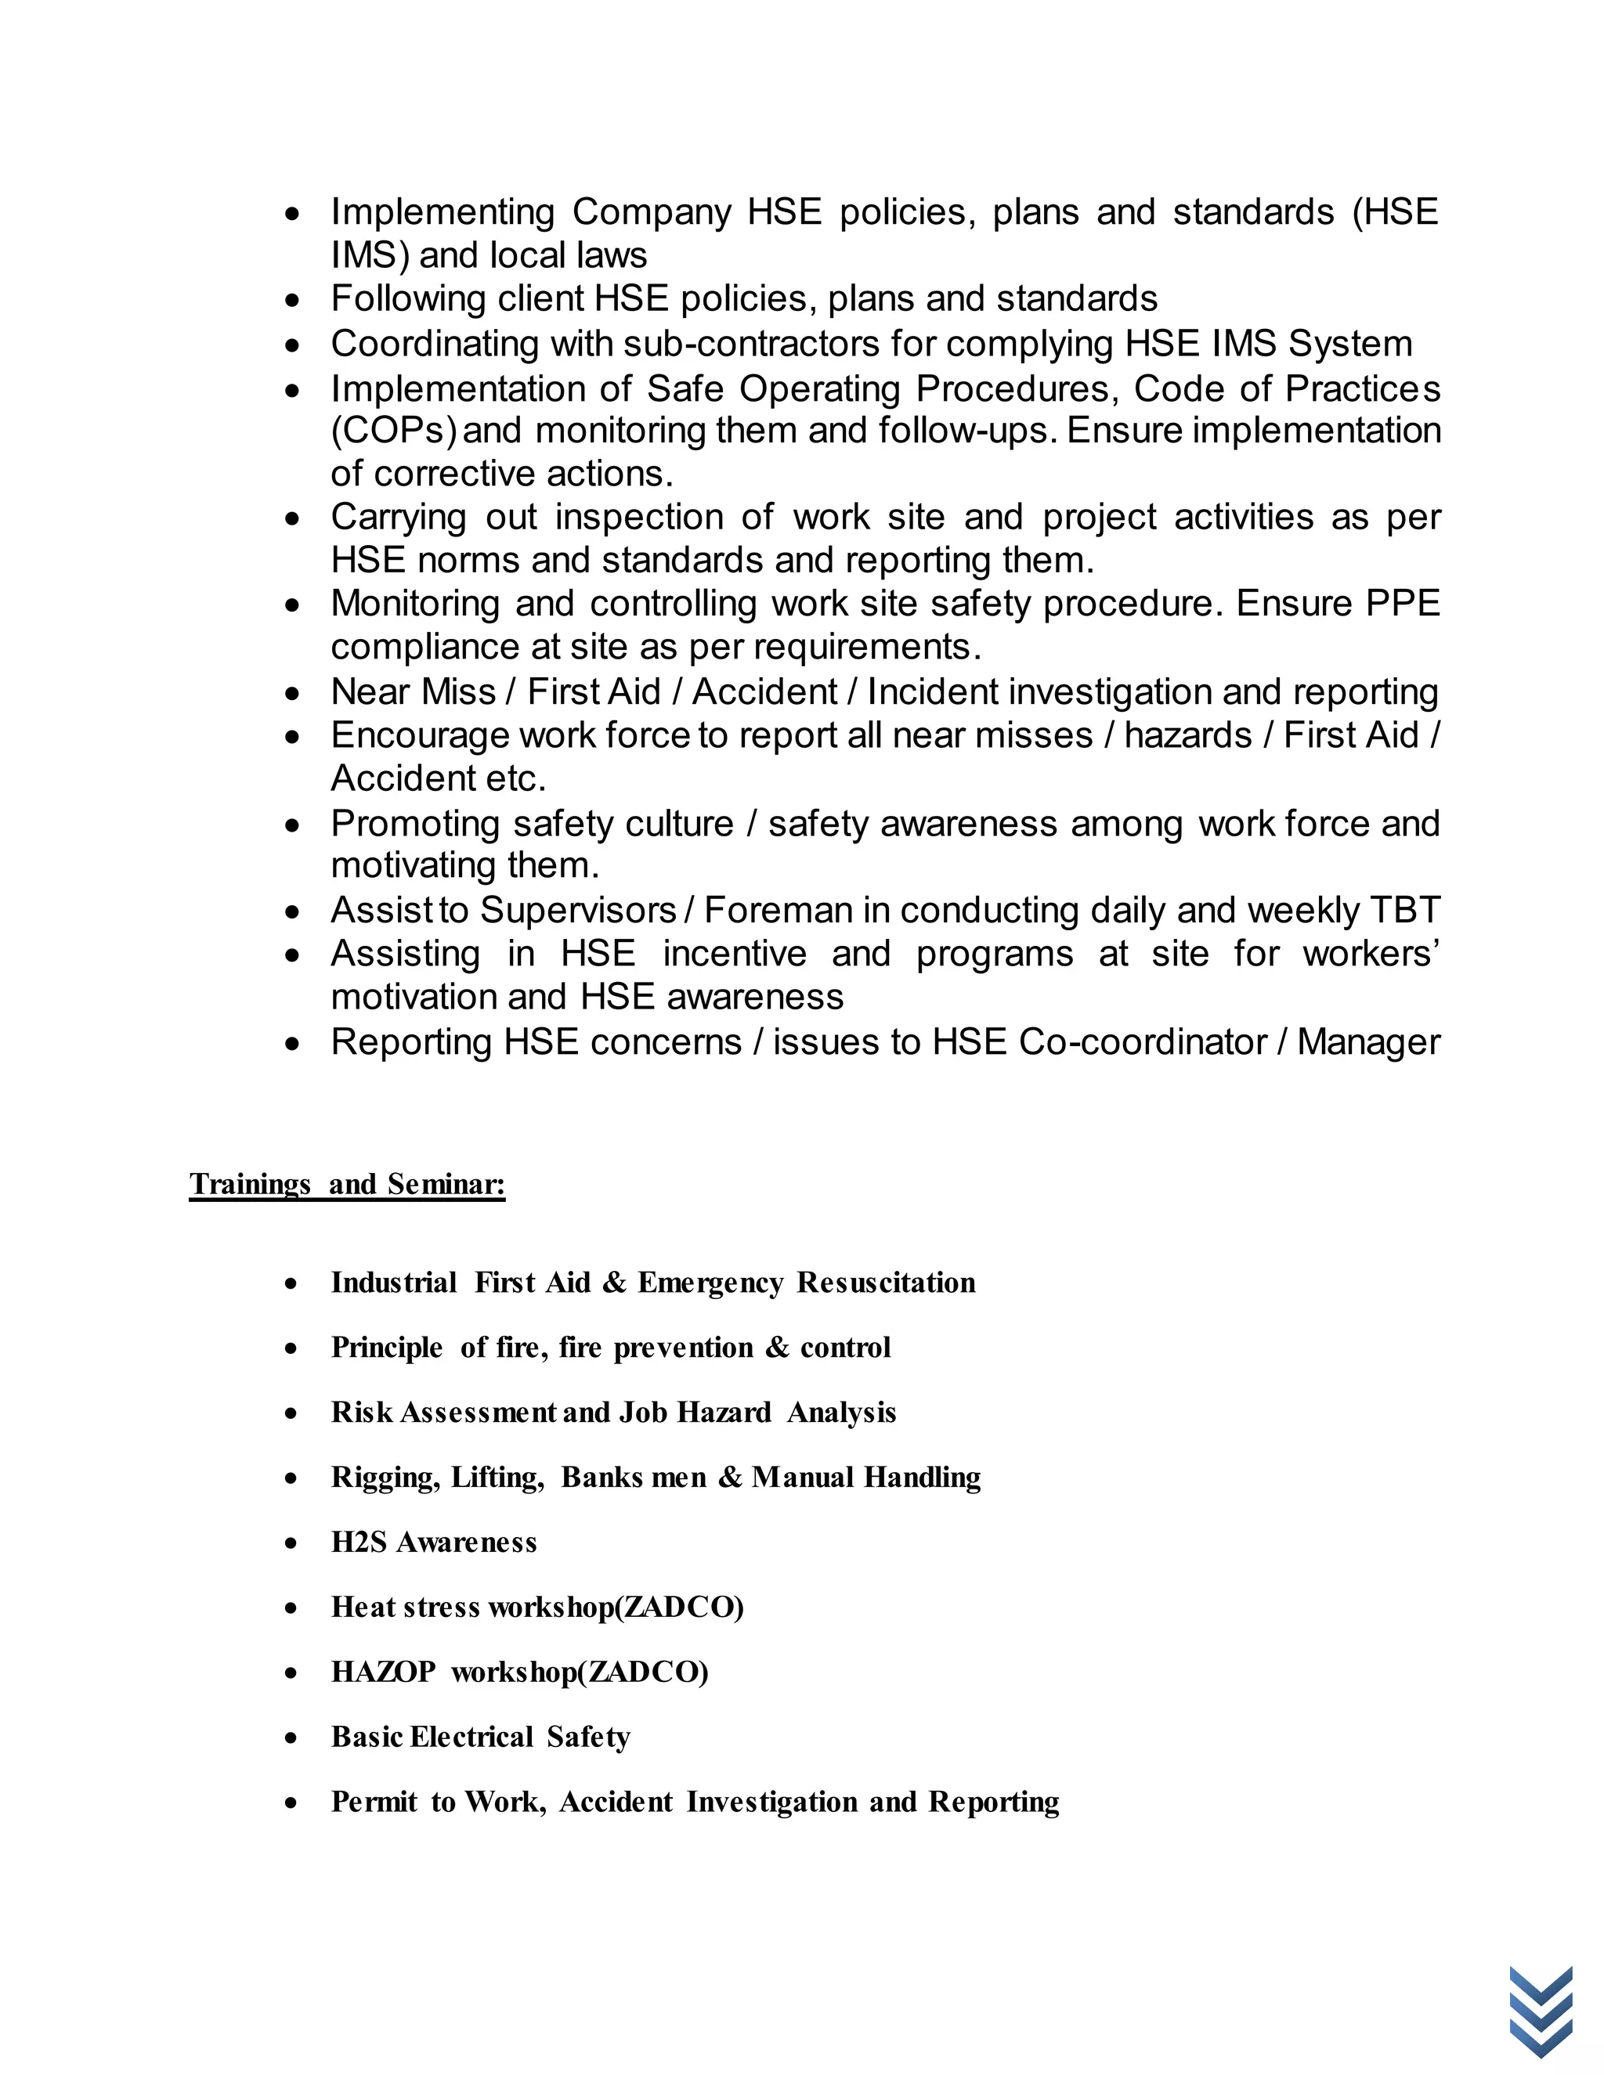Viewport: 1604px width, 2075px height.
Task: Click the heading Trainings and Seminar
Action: click(x=347, y=1184)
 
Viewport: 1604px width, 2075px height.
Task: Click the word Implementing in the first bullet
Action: click(x=442, y=212)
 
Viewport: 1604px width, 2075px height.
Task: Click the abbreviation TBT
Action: click(x=1404, y=910)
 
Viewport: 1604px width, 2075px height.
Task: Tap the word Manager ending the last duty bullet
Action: click(x=1368, y=1042)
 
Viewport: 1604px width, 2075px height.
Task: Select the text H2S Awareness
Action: click(x=433, y=1542)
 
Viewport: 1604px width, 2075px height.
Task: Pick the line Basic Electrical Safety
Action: click(x=480, y=1737)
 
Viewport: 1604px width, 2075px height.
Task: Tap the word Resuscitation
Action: click(x=886, y=1283)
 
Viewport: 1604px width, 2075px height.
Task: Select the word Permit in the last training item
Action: click(x=374, y=1802)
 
